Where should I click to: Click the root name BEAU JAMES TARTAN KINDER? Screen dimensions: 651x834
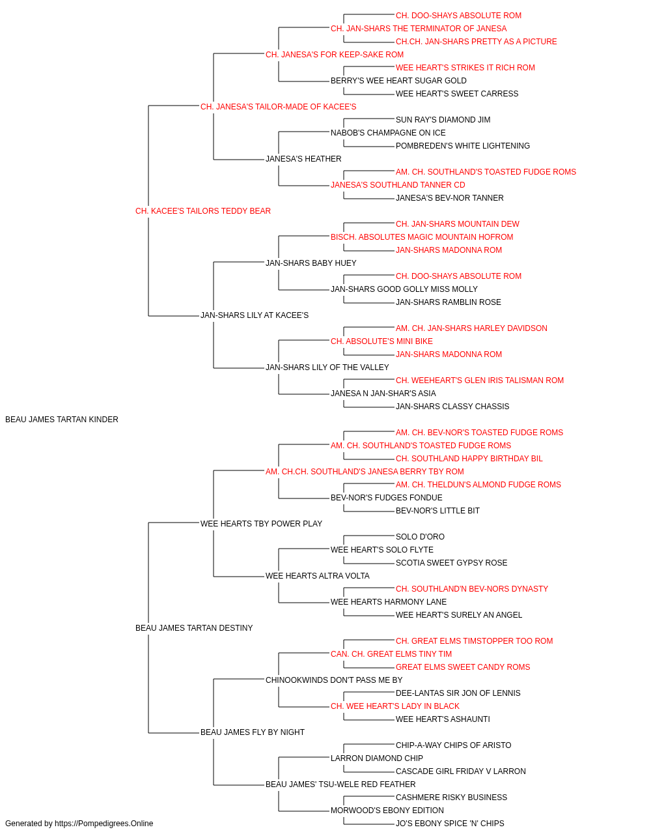pos(62,420)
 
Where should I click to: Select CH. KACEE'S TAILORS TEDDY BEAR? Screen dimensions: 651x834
pos(203,211)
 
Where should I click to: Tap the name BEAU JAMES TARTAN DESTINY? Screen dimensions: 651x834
pos(194,628)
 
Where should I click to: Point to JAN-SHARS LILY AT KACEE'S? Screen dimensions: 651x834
pos(254,315)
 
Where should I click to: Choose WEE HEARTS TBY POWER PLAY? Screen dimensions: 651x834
pos(261,523)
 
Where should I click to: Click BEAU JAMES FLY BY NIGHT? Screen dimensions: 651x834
pos(253,732)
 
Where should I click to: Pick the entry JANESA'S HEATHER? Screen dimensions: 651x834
pos(303,159)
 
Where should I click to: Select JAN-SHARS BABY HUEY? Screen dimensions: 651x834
pos(311,263)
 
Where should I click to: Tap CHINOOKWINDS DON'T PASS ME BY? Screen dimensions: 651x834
pos(334,680)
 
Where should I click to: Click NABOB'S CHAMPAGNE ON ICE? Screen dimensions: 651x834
pos(388,133)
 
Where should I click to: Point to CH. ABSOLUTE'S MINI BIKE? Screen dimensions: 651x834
pos(381,341)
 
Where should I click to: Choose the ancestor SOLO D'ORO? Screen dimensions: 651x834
pos(420,536)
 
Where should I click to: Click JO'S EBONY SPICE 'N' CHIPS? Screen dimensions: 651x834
pos(450,824)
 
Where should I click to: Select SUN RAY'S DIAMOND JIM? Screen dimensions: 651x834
pos(443,120)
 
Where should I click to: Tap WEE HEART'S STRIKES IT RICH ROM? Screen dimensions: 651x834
pos(465,68)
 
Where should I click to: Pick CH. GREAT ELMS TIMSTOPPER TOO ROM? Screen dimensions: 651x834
pos(475,641)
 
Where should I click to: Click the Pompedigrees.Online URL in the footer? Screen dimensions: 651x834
pos(104,824)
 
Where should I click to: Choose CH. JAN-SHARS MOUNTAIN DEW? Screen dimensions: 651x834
pos(458,223)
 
